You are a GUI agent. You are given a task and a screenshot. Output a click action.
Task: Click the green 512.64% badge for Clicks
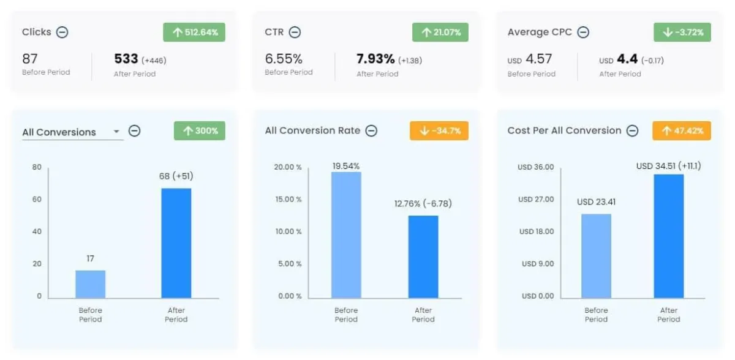point(194,32)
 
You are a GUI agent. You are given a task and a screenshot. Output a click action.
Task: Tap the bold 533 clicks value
point(126,59)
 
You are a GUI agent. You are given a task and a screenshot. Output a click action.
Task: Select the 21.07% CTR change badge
point(440,32)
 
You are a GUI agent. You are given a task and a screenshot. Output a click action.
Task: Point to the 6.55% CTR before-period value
point(284,59)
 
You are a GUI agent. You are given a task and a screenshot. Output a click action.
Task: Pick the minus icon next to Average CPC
point(583,32)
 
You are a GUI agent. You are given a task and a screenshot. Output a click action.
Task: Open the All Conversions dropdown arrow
point(116,132)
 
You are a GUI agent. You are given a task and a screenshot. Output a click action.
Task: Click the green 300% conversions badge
point(199,131)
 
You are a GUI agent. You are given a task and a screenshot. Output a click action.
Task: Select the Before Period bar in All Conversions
point(91,284)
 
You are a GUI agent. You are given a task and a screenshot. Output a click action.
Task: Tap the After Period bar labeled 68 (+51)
point(176,243)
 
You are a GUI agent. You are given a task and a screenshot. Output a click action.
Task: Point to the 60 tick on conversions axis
point(37,200)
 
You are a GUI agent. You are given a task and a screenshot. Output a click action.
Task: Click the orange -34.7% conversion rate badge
point(439,131)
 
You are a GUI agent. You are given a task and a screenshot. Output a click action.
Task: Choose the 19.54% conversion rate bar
point(346,235)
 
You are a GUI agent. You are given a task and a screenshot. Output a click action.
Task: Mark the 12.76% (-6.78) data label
point(423,204)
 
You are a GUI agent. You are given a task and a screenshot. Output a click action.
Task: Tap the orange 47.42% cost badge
point(682,131)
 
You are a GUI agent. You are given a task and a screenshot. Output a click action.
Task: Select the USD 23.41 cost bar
point(596,256)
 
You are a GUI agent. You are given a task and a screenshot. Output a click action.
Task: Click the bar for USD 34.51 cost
point(669,236)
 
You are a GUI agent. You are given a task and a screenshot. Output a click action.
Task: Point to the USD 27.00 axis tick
point(535,200)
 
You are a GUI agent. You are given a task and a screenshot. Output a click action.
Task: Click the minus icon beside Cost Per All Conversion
point(633,131)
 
